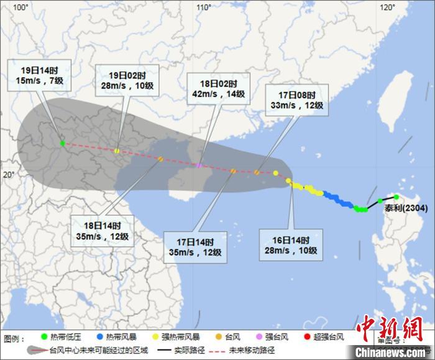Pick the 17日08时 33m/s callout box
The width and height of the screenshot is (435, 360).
coord(296,99)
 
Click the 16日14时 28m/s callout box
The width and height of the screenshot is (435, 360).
coord(291,245)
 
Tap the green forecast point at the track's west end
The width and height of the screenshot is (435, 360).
coord(62,143)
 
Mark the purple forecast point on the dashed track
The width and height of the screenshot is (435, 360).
coord(198,165)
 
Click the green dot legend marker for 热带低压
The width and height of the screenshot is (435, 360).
coord(27,338)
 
